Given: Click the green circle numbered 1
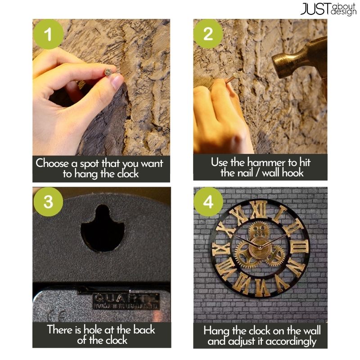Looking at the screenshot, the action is (48, 34).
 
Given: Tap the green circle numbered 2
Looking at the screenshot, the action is (208, 34).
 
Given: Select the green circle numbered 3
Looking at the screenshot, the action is (48, 202).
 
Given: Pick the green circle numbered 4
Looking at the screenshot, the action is (208, 202).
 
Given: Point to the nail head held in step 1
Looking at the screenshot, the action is (108, 72).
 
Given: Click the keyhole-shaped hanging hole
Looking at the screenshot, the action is (103, 229).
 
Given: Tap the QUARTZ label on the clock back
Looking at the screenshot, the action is (126, 301).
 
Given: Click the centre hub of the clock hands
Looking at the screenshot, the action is (260, 247).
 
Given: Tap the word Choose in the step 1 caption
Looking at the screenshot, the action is (52, 163).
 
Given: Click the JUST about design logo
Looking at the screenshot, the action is (328, 9).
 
